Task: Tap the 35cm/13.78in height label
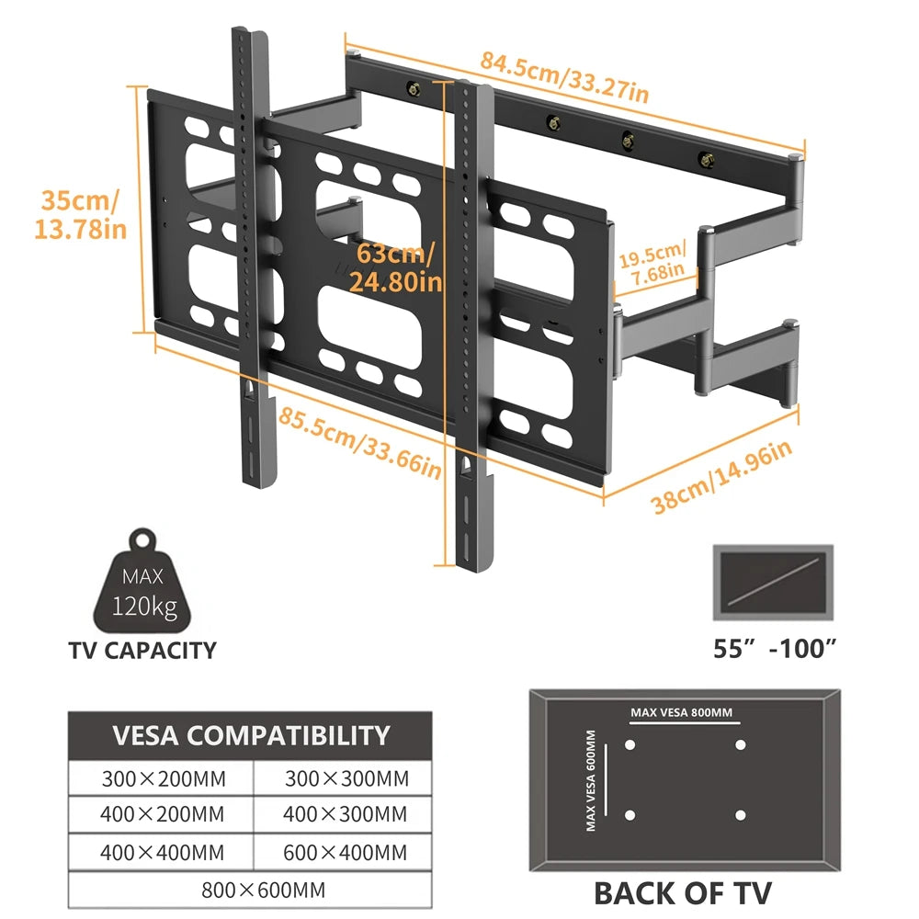point(80,214)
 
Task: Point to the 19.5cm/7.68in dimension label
point(651,260)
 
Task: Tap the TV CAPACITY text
point(142,651)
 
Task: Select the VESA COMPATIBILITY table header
point(251,735)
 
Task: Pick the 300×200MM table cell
point(162,779)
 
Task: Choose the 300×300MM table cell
point(346,779)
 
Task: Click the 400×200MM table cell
point(162,814)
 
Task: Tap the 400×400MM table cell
point(162,850)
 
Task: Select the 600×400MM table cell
point(346,850)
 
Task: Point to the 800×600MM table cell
point(251,890)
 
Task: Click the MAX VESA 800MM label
point(682,712)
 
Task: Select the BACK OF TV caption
point(682,891)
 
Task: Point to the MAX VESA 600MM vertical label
point(591,780)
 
